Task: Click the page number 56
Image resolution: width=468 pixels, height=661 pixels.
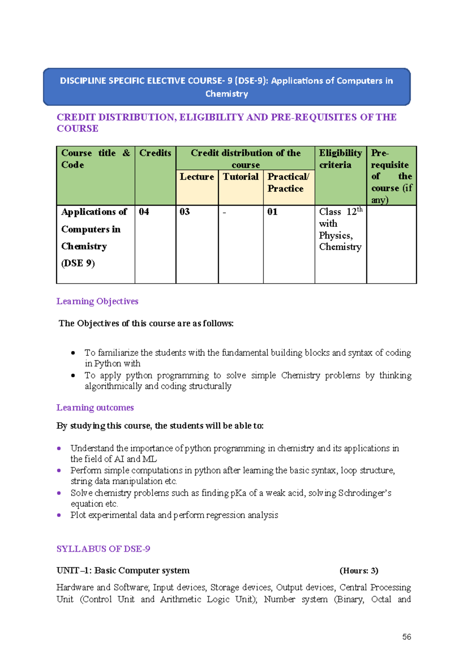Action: [406, 637]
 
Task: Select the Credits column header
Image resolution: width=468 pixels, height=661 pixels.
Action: [155, 153]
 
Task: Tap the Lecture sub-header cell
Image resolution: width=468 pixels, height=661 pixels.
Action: [197, 177]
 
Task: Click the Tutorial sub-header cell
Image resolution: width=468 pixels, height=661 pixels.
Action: [241, 177]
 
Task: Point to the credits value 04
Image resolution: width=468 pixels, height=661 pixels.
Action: [144, 212]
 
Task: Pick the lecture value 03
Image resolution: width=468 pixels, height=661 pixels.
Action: [184, 212]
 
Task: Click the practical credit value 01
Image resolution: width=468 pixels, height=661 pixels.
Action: [272, 212]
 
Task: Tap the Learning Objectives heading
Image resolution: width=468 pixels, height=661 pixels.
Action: [97, 301]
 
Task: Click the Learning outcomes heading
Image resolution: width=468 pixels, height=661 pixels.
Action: [95, 408]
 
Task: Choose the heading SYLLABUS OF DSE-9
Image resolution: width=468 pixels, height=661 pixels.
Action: [103, 549]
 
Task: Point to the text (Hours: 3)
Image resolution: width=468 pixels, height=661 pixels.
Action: [359, 571]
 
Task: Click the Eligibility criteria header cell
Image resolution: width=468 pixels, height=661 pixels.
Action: [340, 159]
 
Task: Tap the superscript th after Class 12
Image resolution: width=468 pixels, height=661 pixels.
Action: [360, 209]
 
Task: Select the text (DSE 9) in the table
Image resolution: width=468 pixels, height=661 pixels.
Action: [78, 263]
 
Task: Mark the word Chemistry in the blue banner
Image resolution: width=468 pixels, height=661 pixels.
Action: [227, 94]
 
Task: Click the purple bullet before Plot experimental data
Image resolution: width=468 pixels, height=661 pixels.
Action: [59, 515]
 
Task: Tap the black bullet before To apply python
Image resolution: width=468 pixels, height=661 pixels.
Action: [73, 376]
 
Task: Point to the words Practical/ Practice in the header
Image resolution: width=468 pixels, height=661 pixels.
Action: [288, 182]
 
